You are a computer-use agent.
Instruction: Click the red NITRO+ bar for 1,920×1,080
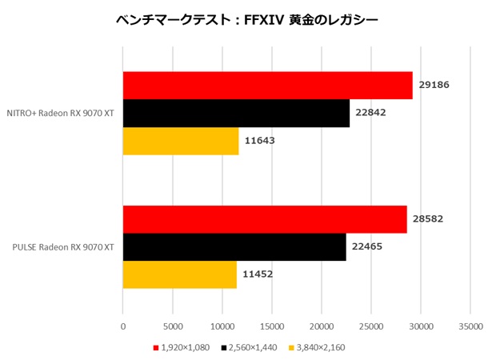pos(267,86)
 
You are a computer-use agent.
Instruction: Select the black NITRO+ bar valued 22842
pos(236,114)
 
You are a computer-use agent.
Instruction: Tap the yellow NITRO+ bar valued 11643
pos(180,142)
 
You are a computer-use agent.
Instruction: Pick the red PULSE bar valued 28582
pos(265,219)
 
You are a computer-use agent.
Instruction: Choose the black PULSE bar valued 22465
pos(234,247)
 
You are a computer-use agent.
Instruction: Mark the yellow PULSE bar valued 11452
pos(179,274)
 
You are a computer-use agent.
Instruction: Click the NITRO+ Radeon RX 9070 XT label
pos(60,114)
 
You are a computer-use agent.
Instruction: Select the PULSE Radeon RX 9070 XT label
pos(62,247)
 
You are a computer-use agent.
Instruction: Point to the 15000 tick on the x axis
pos(272,326)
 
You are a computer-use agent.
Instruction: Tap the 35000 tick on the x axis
pos(470,326)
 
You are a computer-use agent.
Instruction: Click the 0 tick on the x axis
pos(122,326)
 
